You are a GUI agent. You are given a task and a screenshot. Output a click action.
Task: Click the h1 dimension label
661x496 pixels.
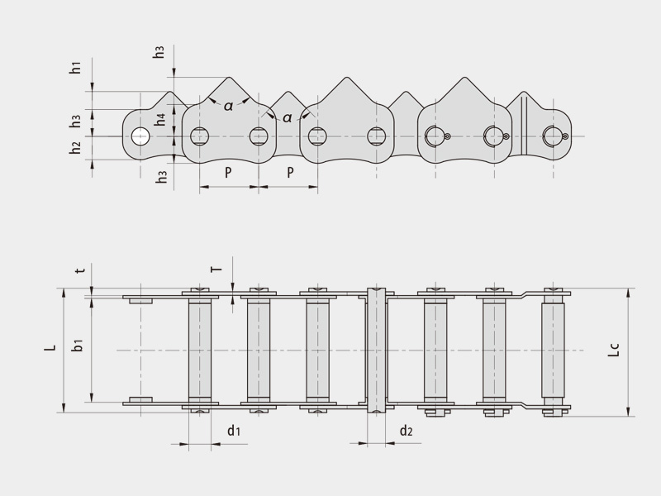click(75, 69)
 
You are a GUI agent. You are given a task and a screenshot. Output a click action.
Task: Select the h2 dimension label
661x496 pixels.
click(75, 148)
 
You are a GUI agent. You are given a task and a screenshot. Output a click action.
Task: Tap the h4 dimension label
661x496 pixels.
click(162, 118)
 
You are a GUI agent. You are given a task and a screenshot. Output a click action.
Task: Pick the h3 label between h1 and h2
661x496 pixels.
click(75, 122)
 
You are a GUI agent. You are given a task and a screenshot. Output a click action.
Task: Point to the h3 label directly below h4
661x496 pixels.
click(162, 175)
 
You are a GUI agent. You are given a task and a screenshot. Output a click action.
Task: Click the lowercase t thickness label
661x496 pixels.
click(79, 270)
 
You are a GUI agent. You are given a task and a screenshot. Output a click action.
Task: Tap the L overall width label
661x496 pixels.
click(50, 350)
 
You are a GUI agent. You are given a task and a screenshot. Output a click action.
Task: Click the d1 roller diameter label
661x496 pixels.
click(234, 431)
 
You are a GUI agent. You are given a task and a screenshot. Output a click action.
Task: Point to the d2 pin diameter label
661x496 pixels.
click(406, 431)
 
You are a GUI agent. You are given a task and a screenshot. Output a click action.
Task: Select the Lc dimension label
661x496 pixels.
click(612, 350)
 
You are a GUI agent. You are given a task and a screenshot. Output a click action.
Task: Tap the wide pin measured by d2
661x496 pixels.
click(376, 350)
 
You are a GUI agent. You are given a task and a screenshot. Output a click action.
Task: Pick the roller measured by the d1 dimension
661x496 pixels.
click(199, 350)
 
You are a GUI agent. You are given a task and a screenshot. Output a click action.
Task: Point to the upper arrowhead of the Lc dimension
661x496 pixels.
click(629, 292)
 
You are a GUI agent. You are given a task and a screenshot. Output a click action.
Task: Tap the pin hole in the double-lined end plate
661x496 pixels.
click(551, 136)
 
